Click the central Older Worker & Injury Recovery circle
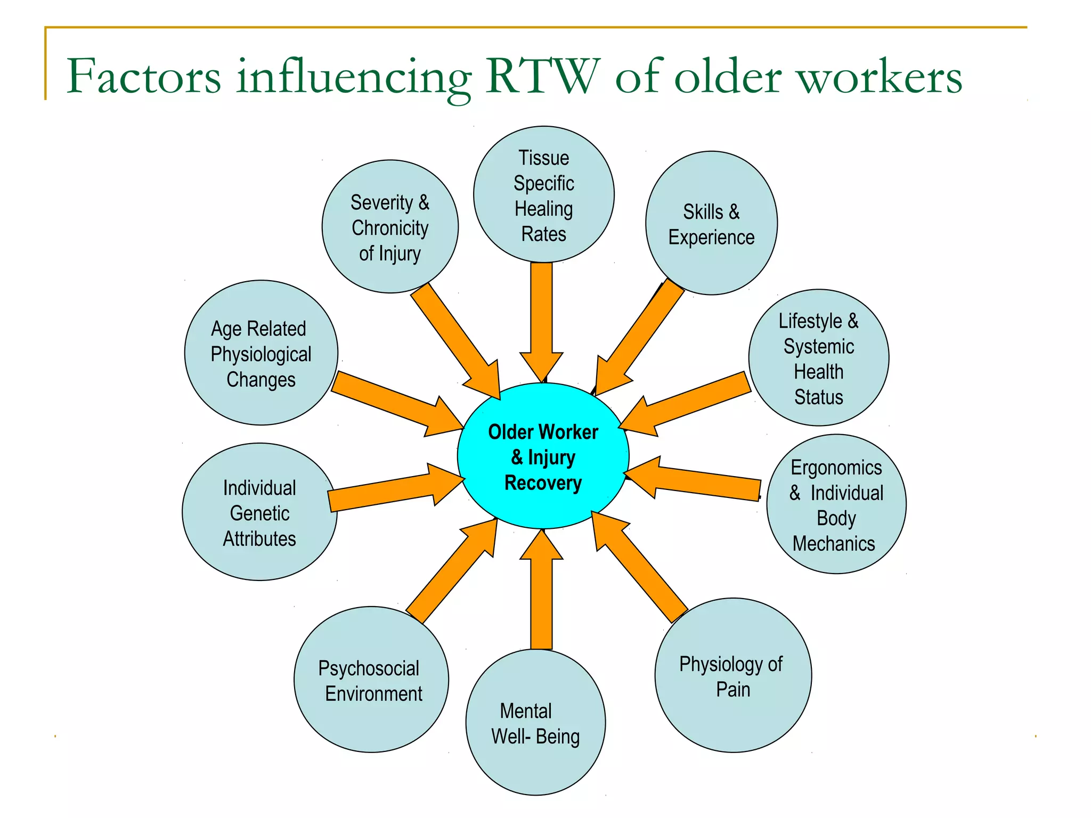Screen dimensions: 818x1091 coord(543,456)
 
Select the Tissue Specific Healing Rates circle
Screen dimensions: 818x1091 coord(543,195)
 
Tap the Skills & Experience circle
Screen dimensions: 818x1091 coord(711,224)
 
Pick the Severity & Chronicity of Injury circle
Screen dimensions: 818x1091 coord(390,227)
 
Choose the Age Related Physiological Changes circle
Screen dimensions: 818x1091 coord(261,353)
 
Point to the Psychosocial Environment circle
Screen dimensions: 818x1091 coord(371,680)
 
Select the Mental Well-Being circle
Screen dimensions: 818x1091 coord(535,723)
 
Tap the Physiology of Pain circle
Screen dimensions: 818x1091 coord(733,676)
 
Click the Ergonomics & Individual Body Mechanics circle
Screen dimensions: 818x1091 coord(836,504)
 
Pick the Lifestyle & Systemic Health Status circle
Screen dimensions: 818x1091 coord(819,358)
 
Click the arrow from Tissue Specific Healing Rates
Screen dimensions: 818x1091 coord(541,320)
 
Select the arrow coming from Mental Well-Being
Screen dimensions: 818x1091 coord(541,591)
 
